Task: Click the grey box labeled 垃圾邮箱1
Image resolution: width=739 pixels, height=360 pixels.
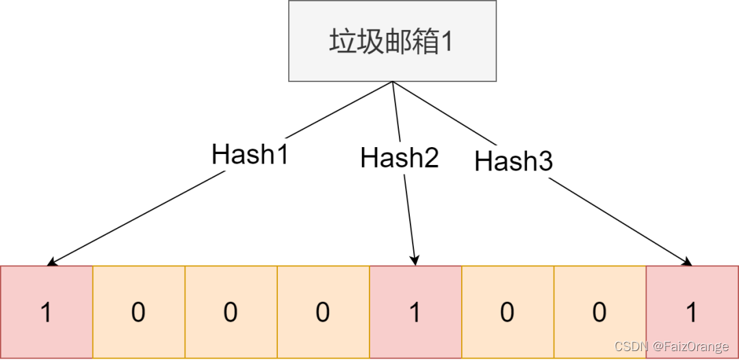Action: tap(392, 41)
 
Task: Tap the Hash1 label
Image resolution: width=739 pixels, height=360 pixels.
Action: tap(250, 155)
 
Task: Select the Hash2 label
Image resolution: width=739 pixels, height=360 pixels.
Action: tap(400, 158)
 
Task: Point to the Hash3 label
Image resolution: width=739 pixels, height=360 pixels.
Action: tap(513, 162)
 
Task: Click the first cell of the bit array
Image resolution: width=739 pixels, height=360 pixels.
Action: tap(47, 312)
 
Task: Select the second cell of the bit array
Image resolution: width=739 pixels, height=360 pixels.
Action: tap(139, 312)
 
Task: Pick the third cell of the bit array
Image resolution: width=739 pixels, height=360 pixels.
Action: tap(231, 312)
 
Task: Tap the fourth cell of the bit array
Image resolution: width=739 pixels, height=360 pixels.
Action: tap(323, 312)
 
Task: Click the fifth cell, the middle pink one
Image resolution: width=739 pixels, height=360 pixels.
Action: tap(415, 312)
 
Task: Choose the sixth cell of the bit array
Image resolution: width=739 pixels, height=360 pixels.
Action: tap(508, 312)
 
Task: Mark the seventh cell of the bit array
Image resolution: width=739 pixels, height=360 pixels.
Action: tap(600, 312)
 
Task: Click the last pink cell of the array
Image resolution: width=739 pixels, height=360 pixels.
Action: tap(692, 312)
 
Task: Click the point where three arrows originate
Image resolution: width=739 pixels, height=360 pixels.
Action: tap(393, 81)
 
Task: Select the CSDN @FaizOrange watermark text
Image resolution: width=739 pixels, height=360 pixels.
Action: tap(671, 347)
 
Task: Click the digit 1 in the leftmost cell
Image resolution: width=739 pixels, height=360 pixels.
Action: tap(47, 313)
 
